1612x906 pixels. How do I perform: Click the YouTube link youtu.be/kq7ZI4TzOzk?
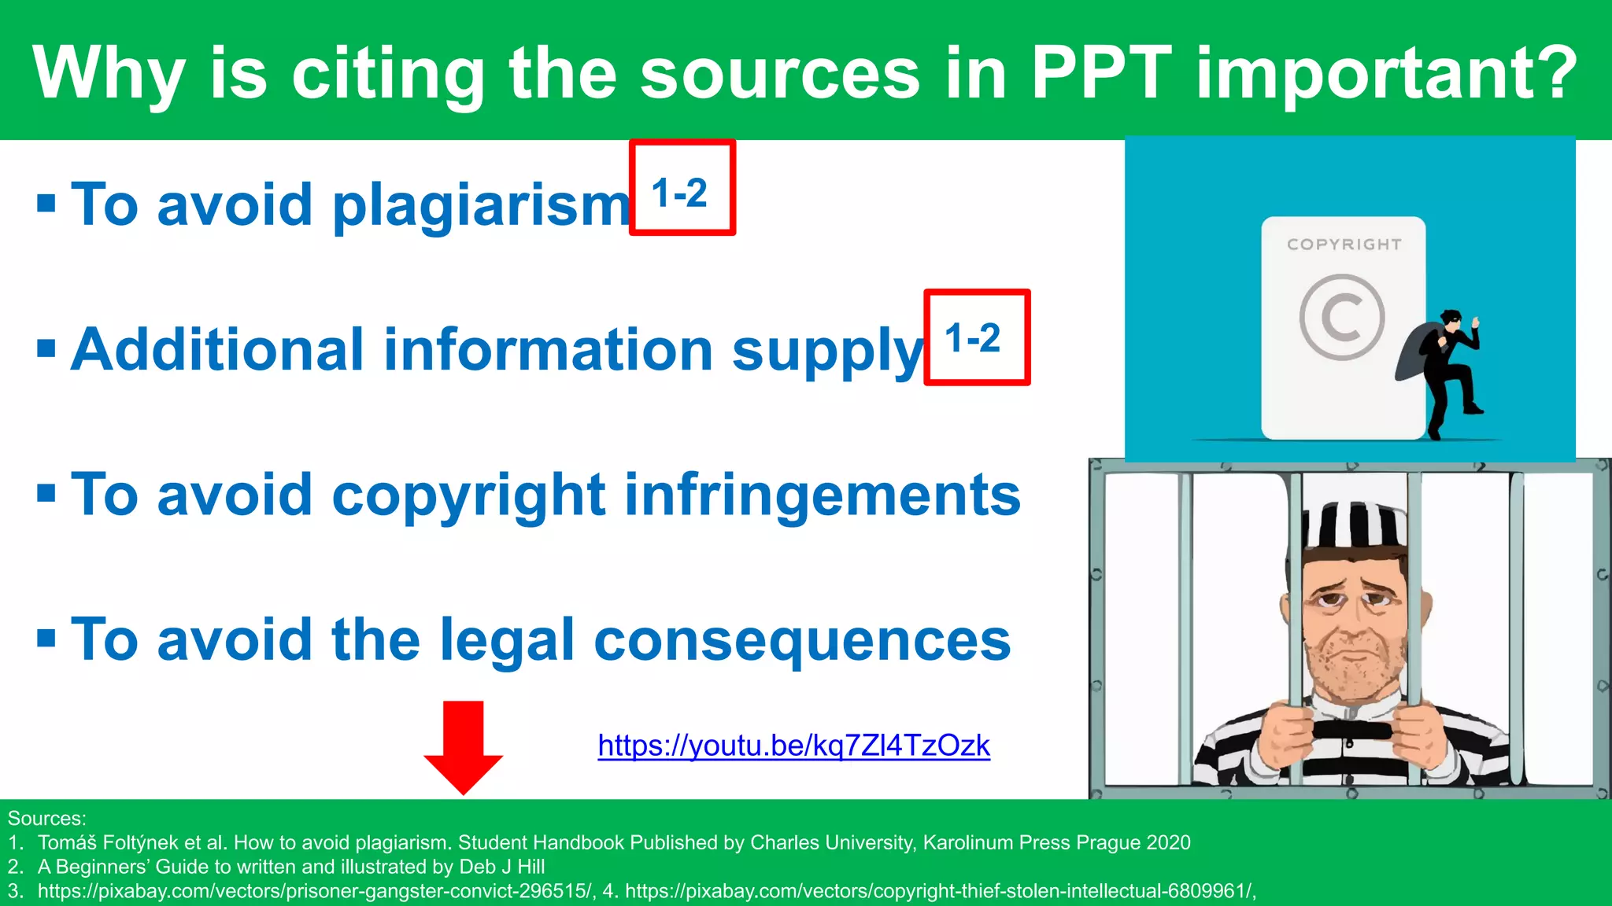(793, 746)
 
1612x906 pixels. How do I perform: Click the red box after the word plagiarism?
(682, 188)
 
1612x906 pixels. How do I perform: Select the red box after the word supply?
(976, 337)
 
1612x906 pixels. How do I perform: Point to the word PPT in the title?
(1101, 72)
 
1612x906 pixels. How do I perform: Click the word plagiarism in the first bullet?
(482, 206)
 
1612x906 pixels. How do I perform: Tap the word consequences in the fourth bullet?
(802, 640)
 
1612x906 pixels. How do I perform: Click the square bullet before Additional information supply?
(46, 348)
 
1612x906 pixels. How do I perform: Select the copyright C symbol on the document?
(1341, 316)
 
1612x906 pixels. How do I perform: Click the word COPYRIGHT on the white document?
(1344, 245)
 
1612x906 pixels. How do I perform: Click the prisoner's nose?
(1352, 617)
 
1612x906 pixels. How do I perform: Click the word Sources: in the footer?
(46, 818)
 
